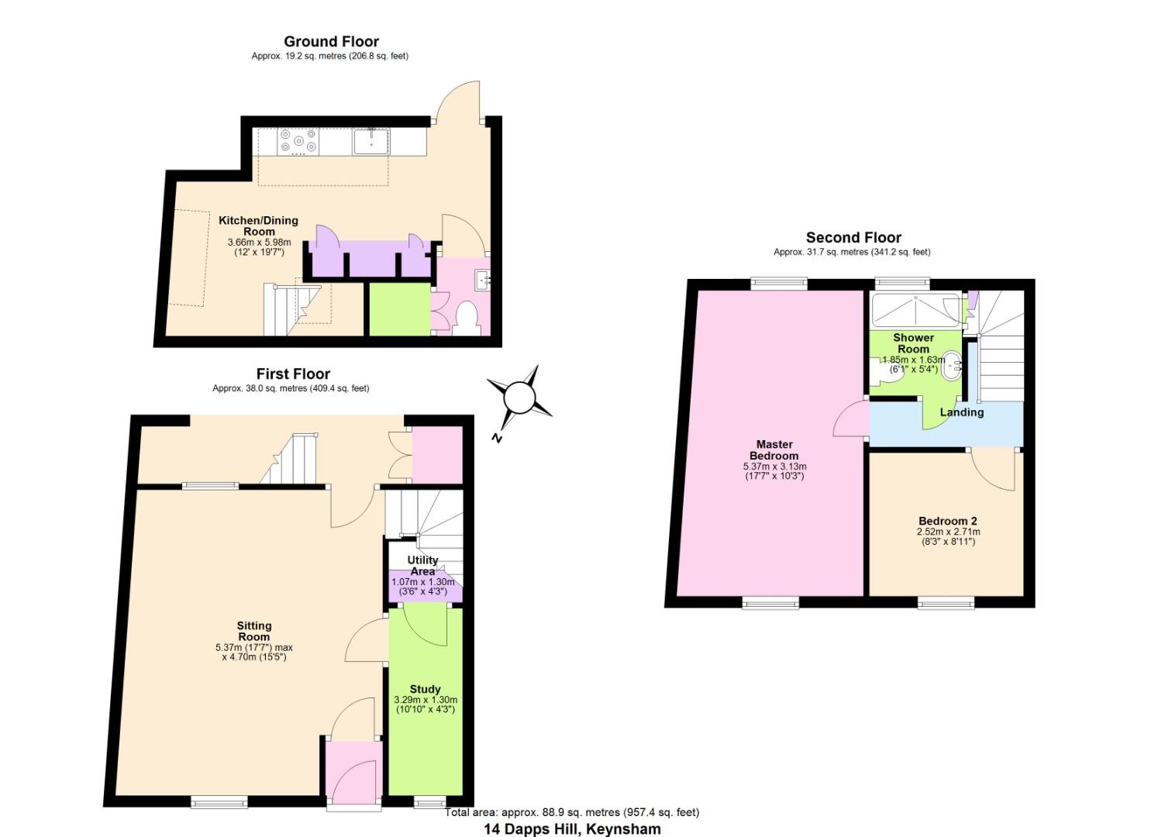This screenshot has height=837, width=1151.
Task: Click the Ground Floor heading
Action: click(331, 42)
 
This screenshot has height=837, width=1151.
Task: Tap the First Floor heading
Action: click(293, 374)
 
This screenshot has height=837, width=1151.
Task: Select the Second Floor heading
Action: click(853, 238)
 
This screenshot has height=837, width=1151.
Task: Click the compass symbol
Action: click(519, 399)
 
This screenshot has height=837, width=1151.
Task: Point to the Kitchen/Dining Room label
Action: click(258, 226)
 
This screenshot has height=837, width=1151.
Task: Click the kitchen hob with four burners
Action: click(298, 140)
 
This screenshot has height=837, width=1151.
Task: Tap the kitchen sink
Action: click(371, 142)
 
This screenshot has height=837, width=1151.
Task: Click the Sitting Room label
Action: click(254, 631)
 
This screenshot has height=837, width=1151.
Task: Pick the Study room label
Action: click(425, 689)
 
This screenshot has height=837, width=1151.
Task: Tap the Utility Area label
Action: click(422, 565)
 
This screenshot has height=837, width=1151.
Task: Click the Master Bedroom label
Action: click(774, 449)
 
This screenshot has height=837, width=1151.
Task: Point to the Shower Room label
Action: click(913, 343)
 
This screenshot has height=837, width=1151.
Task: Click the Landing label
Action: click(961, 412)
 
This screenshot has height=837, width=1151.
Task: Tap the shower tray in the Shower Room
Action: click(916, 310)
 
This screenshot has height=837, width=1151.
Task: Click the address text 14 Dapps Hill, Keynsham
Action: click(572, 828)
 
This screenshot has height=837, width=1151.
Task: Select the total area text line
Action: click(572, 812)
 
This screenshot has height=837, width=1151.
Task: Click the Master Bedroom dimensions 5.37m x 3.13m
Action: click(774, 467)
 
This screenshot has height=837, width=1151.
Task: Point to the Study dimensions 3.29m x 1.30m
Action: click(425, 700)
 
